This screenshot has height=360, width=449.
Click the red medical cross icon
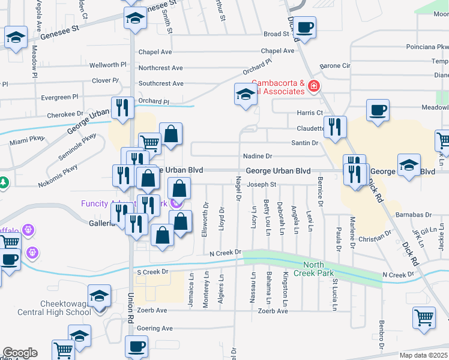(313, 88)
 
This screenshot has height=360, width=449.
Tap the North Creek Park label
(318, 269)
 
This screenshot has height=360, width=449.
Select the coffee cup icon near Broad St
(304, 27)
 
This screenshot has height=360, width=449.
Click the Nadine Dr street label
(258, 156)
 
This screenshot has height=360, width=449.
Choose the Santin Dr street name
(304, 143)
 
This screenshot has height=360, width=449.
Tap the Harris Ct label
(310, 113)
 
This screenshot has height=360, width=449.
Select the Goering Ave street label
(155, 328)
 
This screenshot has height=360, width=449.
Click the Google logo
(20, 353)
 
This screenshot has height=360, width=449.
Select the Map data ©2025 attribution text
(424, 355)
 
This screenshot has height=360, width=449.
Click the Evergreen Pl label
(59, 97)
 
